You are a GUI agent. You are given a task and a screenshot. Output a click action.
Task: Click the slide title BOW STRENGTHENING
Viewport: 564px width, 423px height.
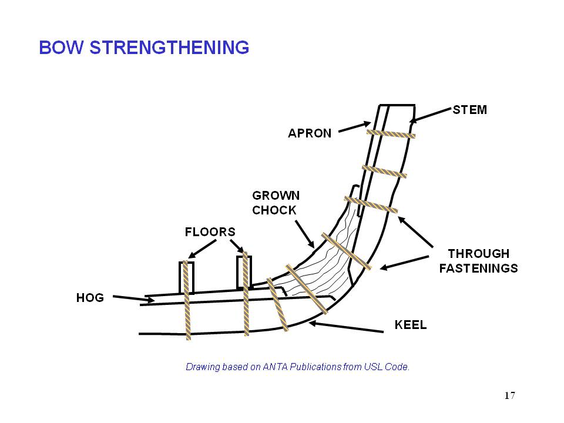144,48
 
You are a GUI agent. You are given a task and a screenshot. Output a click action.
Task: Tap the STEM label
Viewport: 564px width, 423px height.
469,110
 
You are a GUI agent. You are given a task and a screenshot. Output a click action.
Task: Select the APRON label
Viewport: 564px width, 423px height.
310,133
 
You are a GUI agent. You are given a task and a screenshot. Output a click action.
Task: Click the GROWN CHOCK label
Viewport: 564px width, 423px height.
276,203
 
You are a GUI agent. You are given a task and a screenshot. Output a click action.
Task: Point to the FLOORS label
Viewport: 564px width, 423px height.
210,231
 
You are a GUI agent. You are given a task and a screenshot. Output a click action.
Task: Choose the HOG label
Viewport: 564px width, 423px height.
90,298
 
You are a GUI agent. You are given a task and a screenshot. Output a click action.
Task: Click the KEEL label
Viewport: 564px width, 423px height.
411,325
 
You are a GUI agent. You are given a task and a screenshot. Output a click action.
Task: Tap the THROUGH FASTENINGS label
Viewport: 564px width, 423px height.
478,261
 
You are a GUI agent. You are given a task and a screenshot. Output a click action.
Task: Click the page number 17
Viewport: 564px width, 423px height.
509,395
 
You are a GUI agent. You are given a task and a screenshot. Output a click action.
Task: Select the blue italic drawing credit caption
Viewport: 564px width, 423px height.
297,367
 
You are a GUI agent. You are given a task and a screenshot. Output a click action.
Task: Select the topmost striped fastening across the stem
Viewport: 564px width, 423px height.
391,134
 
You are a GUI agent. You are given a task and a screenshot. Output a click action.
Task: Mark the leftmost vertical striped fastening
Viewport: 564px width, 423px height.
187,300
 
